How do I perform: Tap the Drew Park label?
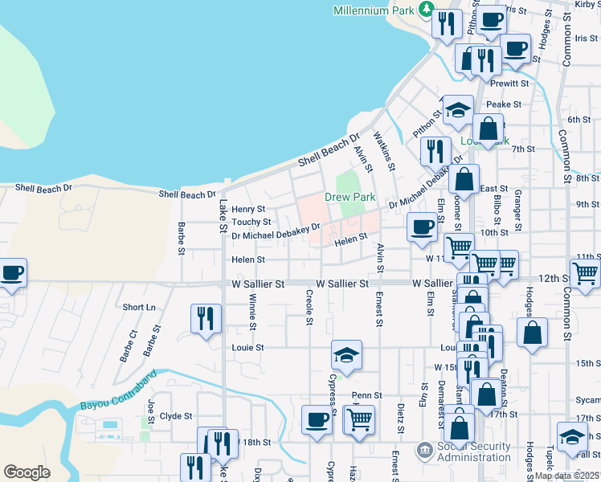coord(350,197)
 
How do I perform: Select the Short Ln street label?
coord(140,308)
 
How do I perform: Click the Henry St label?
coord(248,209)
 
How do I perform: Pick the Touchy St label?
coord(251,222)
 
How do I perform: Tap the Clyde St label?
coord(176,416)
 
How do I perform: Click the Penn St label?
coord(366,396)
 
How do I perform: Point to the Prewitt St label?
coord(512,83)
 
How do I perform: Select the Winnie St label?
coord(252,312)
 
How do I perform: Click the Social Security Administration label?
coord(474,451)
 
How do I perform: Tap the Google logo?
coord(27,472)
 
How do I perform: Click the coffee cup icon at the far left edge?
coord(11,273)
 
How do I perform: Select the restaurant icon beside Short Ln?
coord(206,319)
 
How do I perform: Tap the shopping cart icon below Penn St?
coord(360,419)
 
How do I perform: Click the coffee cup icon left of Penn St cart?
coord(317,419)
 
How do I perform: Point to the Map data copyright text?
coord(566,476)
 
